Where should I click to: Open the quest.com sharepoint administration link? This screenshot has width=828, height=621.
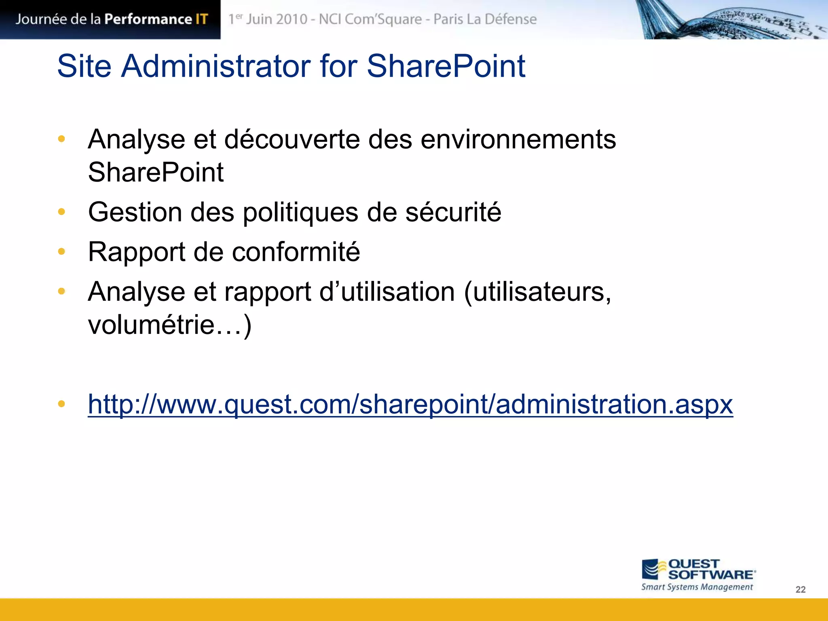[410, 404]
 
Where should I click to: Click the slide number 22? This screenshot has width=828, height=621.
[801, 589]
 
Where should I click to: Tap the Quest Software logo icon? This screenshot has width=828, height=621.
[652, 569]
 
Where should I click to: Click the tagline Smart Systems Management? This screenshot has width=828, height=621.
[697, 587]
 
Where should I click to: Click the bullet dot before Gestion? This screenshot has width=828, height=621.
[61, 211]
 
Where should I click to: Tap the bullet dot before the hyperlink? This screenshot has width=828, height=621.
[61, 403]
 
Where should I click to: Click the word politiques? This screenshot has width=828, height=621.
[300, 212]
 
